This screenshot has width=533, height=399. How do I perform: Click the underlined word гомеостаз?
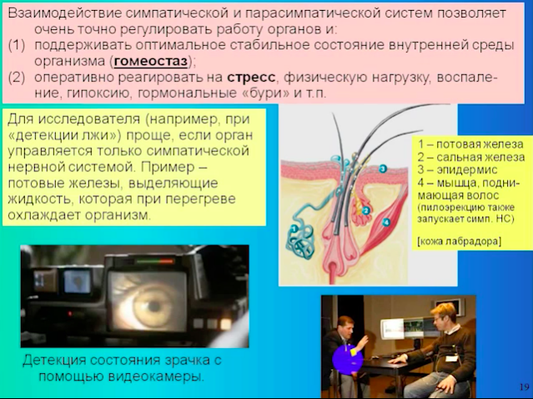(x=151, y=62)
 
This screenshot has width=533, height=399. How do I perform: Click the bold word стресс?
(x=251, y=78)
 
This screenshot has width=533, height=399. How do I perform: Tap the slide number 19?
(x=524, y=386)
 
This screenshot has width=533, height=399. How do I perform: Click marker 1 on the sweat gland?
(x=294, y=228)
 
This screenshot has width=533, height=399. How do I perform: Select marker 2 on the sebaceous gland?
(x=365, y=211)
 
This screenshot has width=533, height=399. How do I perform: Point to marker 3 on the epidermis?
(x=382, y=169)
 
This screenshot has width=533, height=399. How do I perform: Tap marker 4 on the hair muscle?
(x=386, y=223)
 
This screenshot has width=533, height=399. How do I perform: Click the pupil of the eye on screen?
(x=154, y=306)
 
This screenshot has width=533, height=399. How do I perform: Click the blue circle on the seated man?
(x=347, y=359)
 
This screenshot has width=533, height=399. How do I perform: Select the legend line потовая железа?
(x=471, y=144)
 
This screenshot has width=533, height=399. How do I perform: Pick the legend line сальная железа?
(x=471, y=157)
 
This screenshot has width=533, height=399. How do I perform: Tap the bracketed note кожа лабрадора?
(x=459, y=241)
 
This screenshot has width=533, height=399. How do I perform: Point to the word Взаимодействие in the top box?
(x=63, y=13)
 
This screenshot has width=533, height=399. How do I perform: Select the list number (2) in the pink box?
(x=17, y=78)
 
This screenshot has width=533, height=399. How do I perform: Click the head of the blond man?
(x=443, y=315)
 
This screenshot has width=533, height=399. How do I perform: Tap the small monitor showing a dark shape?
(x=78, y=281)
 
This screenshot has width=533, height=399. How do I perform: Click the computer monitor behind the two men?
(x=401, y=330)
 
